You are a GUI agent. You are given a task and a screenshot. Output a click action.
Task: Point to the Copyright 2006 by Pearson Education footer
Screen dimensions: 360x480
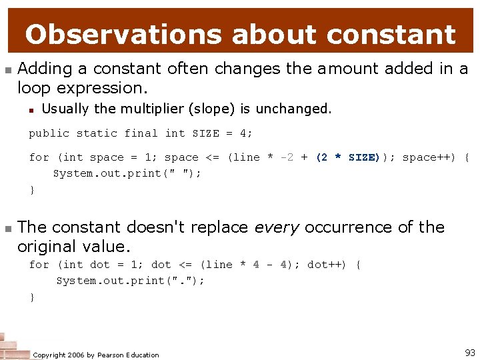96,355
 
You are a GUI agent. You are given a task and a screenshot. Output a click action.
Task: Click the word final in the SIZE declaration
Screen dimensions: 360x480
141,133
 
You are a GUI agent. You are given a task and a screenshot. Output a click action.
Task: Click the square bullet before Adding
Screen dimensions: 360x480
7,69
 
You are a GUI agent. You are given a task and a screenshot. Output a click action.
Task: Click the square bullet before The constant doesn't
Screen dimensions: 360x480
7,228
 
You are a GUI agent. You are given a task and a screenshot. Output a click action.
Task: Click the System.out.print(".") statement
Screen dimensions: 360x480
130,281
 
